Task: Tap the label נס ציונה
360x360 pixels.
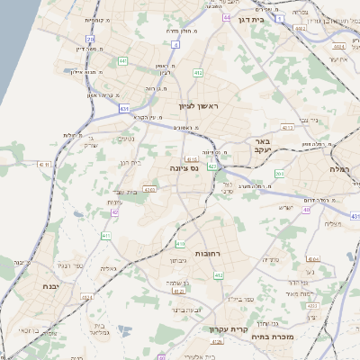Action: [184, 168]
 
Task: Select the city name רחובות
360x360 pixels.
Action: [232, 255]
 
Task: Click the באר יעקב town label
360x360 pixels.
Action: [262, 147]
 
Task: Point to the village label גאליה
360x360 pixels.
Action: [108, 267]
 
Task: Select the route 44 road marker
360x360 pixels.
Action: [228, 18]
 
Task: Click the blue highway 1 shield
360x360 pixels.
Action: [280, 17]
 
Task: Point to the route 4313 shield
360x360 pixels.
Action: [288, 129]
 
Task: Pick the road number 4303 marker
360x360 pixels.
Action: [149, 189]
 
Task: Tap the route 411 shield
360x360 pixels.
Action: [106, 236]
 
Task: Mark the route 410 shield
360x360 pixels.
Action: [180, 243]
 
